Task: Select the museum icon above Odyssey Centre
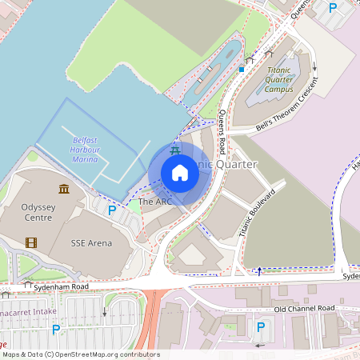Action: (64, 189)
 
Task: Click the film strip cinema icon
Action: (30, 242)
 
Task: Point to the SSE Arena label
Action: (91, 242)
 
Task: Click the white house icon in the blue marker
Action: (179, 173)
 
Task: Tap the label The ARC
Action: (155, 202)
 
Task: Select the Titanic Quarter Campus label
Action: (284, 80)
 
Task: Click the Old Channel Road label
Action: (303, 309)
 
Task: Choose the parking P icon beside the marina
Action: (112, 210)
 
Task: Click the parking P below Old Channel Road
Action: (260, 326)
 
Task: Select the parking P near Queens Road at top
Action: (333, 8)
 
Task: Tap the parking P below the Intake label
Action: (55, 329)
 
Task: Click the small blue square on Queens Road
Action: (241, 69)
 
